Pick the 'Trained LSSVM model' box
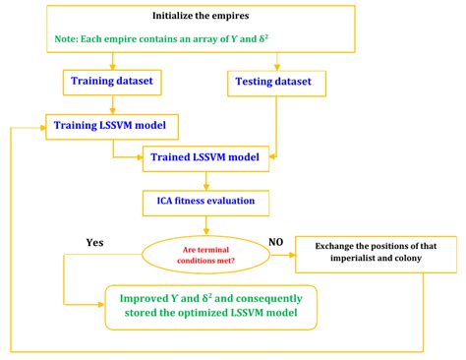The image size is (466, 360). click(x=205, y=156)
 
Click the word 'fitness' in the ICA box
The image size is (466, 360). click(x=197, y=203)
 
